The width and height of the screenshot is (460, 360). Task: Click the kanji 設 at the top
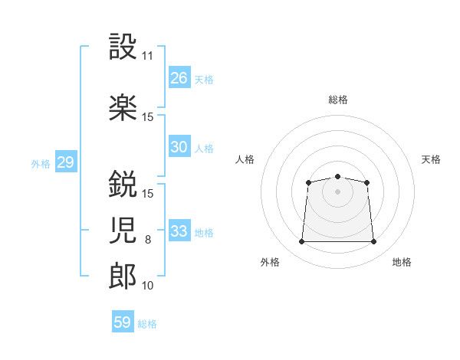[123, 47]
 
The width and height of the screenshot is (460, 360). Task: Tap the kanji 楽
[123, 108]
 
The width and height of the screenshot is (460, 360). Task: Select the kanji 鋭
[123, 184]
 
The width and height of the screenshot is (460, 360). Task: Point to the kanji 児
[123, 229]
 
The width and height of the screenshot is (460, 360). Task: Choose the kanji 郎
[123, 275]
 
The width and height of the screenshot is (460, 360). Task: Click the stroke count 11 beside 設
[148, 56]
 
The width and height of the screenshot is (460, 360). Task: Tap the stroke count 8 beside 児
[148, 240]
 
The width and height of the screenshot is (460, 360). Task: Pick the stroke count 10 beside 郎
[148, 286]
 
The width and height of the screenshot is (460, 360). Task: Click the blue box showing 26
[179, 77]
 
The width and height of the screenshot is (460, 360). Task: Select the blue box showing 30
[179, 147]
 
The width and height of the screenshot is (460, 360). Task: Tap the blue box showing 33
[179, 231]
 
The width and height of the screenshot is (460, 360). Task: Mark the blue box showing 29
[65, 162]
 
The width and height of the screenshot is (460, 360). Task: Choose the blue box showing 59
[123, 322]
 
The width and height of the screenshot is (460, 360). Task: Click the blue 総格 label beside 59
[147, 324]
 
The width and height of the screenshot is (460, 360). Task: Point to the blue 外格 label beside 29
[41, 163]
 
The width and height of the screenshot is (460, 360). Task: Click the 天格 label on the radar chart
[431, 159]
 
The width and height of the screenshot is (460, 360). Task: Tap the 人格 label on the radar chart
[245, 159]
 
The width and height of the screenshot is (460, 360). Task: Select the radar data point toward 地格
[373, 242]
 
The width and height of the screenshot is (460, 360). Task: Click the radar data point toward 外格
[301, 242]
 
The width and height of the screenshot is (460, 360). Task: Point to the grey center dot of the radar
[337, 191]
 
